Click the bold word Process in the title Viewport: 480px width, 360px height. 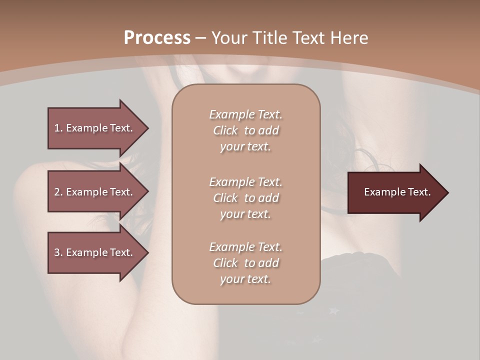(x=157, y=38)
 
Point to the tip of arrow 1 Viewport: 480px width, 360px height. (x=147, y=128)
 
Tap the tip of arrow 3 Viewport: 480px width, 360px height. (x=147, y=252)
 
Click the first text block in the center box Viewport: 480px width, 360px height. (x=245, y=130)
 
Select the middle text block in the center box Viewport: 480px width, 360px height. (x=245, y=197)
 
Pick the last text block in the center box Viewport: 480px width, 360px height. (x=245, y=263)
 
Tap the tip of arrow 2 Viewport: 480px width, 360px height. (x=147, y=192)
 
